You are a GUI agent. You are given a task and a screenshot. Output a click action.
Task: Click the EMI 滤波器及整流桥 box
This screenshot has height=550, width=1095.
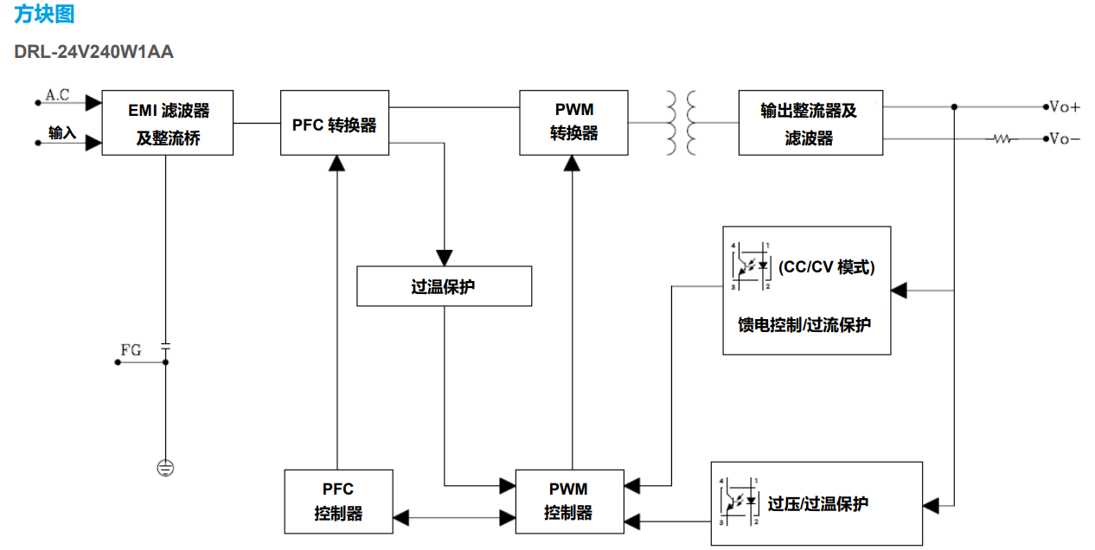coord(167,123)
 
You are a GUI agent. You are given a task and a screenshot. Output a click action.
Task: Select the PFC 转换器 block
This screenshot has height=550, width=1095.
coord(334,123)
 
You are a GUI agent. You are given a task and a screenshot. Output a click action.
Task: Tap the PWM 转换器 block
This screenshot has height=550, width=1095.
coord(573,122)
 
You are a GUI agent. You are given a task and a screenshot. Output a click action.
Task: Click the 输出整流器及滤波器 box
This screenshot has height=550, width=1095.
coord(810,123)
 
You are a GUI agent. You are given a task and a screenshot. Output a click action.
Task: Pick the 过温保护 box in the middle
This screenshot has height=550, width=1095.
coord(444,286)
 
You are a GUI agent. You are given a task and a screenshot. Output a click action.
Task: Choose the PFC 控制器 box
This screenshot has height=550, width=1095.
coord(338,502)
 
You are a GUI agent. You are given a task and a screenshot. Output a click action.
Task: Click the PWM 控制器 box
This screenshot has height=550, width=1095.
coord(568,502)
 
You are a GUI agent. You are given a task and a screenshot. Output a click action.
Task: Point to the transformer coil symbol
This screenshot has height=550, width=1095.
coord(681,123)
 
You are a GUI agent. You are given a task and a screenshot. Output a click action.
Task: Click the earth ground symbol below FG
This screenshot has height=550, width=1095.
coord(165,468)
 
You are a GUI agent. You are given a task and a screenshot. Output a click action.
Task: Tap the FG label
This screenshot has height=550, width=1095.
coord(131,350)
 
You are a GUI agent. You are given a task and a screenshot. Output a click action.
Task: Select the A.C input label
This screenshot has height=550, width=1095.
coord(57,95)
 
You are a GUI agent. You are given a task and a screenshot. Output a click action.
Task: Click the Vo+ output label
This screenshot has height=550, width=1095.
coord(1065,107)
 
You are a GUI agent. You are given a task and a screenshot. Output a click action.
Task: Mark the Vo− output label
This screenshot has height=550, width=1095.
coord(1065,138)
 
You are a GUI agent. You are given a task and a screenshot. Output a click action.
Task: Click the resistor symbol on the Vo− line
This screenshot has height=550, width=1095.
coord(1003,138)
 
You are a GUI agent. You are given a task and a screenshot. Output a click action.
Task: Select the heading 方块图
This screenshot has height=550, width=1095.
coord(44,15)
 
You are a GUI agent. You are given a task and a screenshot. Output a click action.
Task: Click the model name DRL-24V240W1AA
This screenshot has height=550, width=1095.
coord(93,52)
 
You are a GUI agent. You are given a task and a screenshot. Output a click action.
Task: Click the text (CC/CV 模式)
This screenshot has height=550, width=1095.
coord(826,267)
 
